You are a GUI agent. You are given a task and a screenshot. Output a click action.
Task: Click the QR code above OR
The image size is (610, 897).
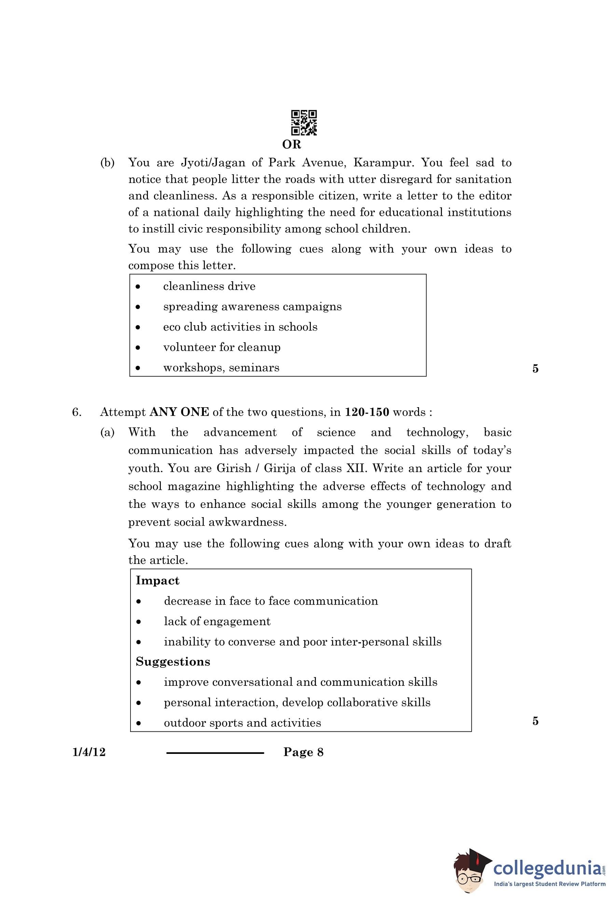click(304, 123)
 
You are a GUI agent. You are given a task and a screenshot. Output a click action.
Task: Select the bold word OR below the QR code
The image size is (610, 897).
click(291, 144)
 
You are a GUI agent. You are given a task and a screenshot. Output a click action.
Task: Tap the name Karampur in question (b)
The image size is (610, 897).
click(383, 163)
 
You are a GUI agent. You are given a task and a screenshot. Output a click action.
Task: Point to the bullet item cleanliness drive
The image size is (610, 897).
click(209, 286)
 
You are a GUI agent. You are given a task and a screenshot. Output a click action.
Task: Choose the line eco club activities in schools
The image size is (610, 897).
click(240, 327)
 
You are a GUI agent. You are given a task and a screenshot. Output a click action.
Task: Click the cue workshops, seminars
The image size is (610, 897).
click(221, 368)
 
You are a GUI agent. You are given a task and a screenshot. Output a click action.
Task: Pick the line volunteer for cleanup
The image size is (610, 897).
click(221, 347)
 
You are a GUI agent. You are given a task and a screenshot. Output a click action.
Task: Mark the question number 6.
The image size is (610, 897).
click(77, 412)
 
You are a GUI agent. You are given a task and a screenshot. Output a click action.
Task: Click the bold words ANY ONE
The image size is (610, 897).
click(179, 412)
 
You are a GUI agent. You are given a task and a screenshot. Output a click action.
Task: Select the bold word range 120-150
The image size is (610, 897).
click(366, 412)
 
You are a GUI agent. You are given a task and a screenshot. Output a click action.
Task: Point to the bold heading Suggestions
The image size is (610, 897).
click(173, 662)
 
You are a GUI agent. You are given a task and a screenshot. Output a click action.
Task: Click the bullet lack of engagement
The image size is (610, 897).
click(217, 621)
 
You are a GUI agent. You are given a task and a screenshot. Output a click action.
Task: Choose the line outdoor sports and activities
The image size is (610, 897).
click(242, 722)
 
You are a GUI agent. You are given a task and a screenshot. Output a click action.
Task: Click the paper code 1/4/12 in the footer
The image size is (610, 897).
click(89, 752)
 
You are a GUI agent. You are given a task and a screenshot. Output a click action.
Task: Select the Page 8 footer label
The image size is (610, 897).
click(303, 752)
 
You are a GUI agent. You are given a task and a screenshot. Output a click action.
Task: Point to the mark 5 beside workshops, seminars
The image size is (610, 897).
click(535, 369)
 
